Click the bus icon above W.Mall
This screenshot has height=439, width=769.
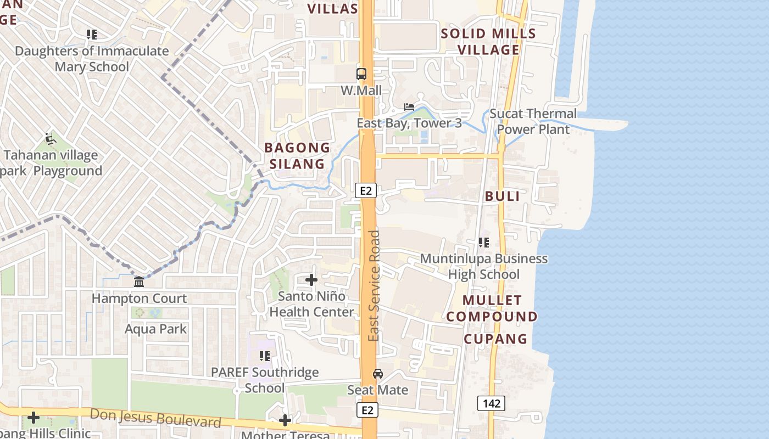(361, 74)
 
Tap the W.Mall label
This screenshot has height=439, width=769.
(361, 91)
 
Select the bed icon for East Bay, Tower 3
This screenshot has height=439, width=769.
(409, 106)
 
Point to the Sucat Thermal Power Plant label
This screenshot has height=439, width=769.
(533, 121)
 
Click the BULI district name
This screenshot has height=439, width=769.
(503, 196)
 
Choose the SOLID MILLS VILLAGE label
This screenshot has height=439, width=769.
(488, 42)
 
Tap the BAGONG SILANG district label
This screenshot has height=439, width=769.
(297, 156)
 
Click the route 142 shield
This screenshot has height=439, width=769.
(491, 404)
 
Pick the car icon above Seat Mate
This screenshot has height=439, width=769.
(378, 374)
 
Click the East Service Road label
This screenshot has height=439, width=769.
(374, 285)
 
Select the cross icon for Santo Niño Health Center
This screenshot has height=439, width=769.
(311, 280)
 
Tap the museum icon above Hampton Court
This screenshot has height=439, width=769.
(139, 282)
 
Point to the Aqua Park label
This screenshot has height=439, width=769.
(156, 329)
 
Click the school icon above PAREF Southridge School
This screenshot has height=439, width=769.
(265, 356)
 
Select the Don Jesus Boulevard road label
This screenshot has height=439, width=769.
(155, 418)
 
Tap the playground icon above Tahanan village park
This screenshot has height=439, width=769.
(51, 139)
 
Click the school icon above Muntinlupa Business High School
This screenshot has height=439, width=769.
(484, 242)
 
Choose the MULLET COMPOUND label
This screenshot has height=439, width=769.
(492, 308)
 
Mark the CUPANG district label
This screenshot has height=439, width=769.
(495, 339)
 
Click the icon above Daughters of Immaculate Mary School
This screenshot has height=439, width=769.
(92, 35)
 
